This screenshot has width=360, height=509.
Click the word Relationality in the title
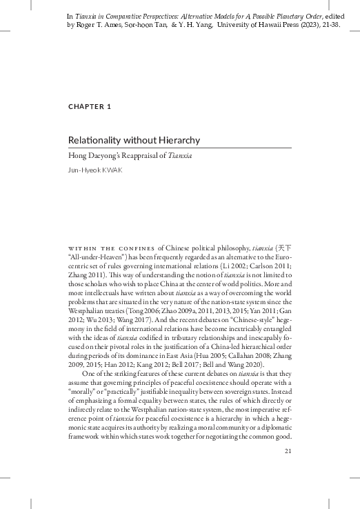tap(95, 140)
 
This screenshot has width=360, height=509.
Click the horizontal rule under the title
tap(179, 148)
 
